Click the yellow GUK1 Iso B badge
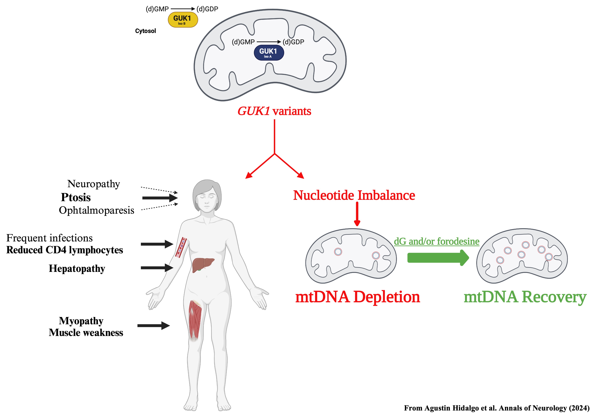click(183, 20)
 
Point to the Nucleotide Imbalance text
click(354, 195)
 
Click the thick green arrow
click(438, 258)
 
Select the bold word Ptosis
click(76, 197)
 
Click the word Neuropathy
click(94, 184)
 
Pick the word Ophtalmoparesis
click(96, 210)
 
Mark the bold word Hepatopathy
click(77, 268)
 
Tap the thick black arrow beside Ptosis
click(160, 198)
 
